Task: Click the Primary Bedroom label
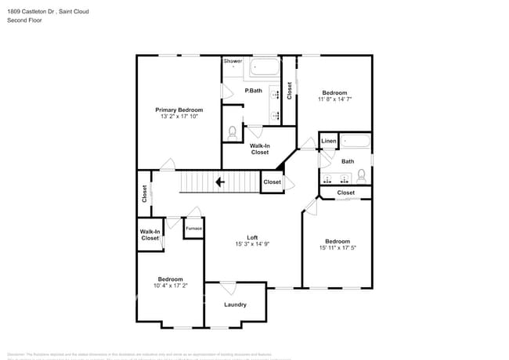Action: (x=179, y=110)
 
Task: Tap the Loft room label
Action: (x=252, y=237)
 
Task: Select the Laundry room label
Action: (x=235, y=304)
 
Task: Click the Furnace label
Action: (x=193, y=229)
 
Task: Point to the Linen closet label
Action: (x=329, y=142)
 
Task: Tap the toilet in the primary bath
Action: (x=232, y=134)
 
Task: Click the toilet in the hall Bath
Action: (x=362, y=175)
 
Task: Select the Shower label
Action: (x=233, y=61)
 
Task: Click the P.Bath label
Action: (x=253, y=91)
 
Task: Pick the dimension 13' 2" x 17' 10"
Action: (x=179, y=117)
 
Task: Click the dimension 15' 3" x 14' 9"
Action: (x=252, y=244)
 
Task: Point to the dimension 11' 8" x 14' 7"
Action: (x=334, y=99)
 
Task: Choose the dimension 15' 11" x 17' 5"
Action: (x=337, y=248)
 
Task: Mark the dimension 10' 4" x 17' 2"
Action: (x=170, y=286)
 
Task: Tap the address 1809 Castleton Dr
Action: (x=31, y=11)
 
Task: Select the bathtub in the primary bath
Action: (x=265, y=68)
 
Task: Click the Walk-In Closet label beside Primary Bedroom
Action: (x=260, y=149)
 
